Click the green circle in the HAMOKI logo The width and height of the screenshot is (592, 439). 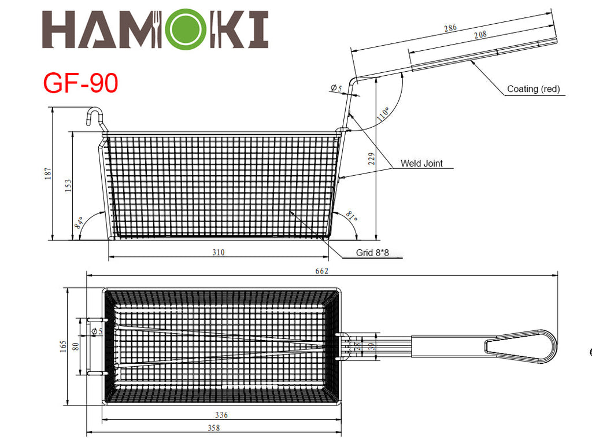(186, 29)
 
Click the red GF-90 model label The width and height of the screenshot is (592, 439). (80, 83)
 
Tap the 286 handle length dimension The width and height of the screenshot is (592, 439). (450, 28)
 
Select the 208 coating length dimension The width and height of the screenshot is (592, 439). (480, 35)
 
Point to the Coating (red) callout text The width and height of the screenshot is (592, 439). (533, 88)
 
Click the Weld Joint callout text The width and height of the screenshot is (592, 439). (421, 163)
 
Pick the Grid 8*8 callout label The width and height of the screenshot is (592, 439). (372, 252)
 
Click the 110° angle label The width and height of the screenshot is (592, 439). (383, 114)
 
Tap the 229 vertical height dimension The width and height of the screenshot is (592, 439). (372, 158)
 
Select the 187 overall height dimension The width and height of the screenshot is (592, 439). (48, 174)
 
